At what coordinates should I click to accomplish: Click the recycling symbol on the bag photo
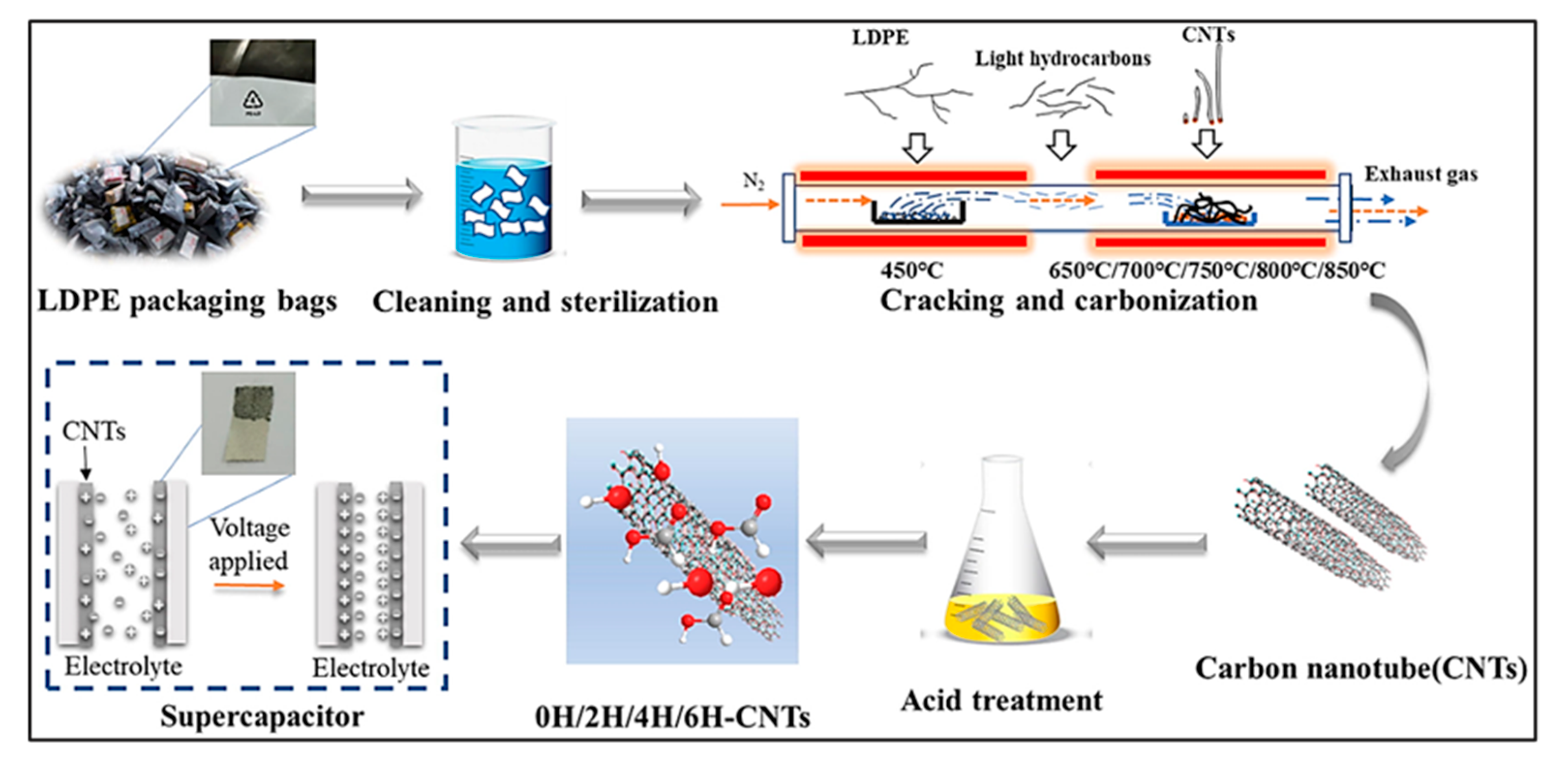coord(253,100)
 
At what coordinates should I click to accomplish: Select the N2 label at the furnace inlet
coord(753,181)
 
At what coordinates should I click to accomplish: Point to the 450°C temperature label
coord(911,271)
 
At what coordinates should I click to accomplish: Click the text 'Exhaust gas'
coord(1421,174)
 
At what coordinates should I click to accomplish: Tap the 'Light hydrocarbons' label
coord(1063,59)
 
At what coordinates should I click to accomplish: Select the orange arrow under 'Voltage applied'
coord(249,586)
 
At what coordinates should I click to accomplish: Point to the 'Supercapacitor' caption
coord(262,716)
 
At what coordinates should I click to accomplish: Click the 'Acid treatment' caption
coord(1001,700)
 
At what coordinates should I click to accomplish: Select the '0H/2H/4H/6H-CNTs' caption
coord(672,717)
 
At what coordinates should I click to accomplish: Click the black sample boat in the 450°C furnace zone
coord(918,213)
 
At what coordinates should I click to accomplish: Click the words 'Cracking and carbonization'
coord(1069,302)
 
